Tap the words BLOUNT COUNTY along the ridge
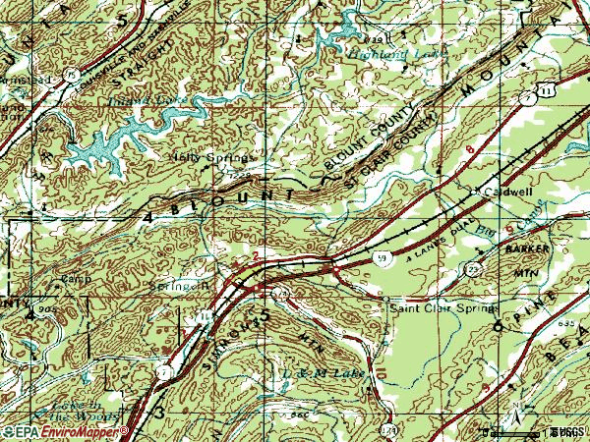point(380,141)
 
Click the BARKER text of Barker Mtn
point(526,250)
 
